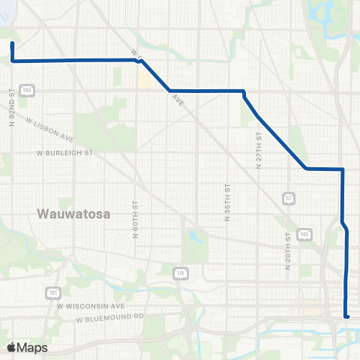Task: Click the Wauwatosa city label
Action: tap(73, 214)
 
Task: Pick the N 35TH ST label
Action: tap(226, 202)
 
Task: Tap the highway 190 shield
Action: tap(28, 90)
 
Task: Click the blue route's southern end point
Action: tap(346, 316)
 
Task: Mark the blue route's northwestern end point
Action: tap(12, 44)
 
